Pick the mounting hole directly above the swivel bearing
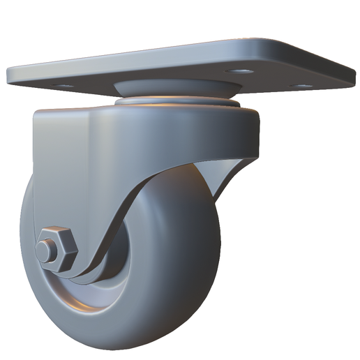click(242, 72)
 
